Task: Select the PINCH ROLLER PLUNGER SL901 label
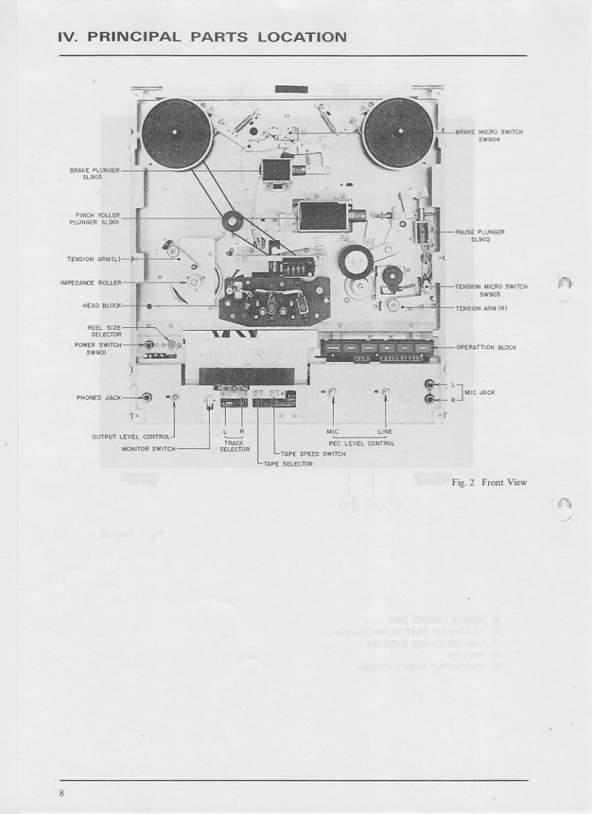96,218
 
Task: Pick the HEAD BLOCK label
101,305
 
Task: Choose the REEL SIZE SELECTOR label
104,331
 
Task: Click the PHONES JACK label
99,398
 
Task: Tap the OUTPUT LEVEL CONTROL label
131,437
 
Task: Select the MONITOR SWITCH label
149,448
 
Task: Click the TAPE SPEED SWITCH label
313,453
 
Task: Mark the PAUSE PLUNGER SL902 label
480,235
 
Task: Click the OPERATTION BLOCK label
486,348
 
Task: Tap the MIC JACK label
480,392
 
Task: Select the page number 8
63,793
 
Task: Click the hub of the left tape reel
176,132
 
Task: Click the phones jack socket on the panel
147,398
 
